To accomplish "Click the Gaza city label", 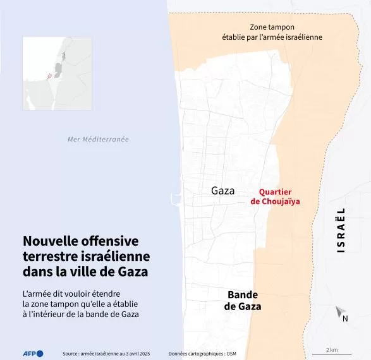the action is point(222,191).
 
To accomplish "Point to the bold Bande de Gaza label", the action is point(243,301).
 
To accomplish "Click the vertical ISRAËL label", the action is point(341,230).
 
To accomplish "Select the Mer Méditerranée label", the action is point(98,140).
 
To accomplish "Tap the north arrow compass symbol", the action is point(339,312).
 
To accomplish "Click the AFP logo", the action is point(30,353).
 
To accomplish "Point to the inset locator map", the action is point(57,73).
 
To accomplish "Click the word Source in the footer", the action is point(70,354).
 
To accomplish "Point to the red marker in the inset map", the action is point(48,76).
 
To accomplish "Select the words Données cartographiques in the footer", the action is point(191,354).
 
